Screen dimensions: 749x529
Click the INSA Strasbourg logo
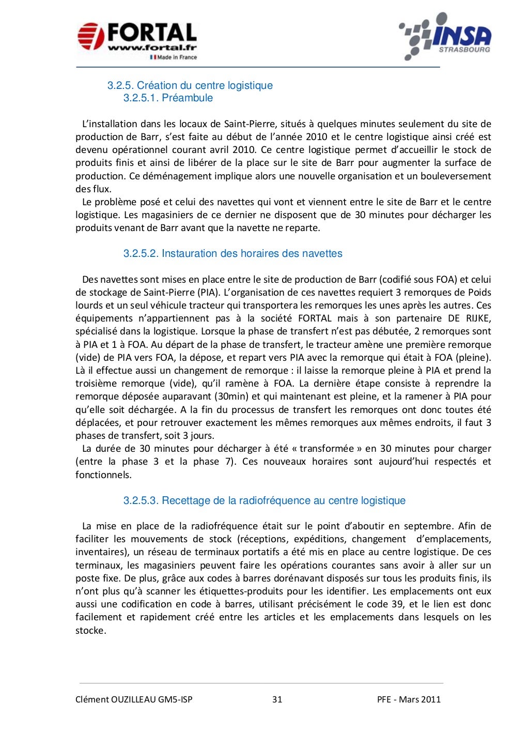click(445, 36)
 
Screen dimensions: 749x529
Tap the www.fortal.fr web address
click(152, 48)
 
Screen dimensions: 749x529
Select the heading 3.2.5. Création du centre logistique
click(190, 85)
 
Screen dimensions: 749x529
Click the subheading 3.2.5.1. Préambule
click(168, 98)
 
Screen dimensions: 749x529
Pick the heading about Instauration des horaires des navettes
click(232, 253)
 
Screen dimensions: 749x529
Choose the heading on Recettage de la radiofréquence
click(264, 500)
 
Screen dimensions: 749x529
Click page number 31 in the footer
click(277, 699)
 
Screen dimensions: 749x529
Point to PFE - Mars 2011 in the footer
click(409, 699)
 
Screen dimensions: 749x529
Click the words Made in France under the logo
click(177, 57)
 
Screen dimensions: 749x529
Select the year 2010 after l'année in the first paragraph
click(317, 137)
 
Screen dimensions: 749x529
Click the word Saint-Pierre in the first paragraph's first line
click(249, 124)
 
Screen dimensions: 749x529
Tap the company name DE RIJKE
click(468, 318)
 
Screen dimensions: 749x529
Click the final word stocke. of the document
click(91, 631)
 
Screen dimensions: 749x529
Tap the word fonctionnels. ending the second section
click(103, 475)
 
